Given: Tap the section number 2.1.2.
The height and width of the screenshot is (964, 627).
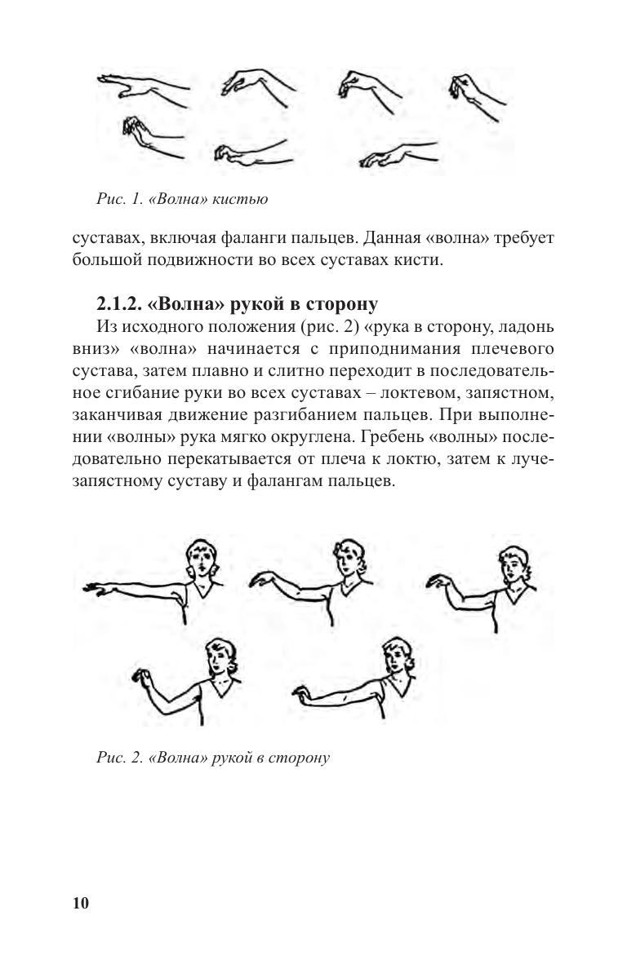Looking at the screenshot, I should coord(124,304).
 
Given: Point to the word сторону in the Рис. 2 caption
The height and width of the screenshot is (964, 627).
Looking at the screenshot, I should coord(301,758).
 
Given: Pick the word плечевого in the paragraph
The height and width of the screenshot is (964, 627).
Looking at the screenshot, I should coord(513,350).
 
